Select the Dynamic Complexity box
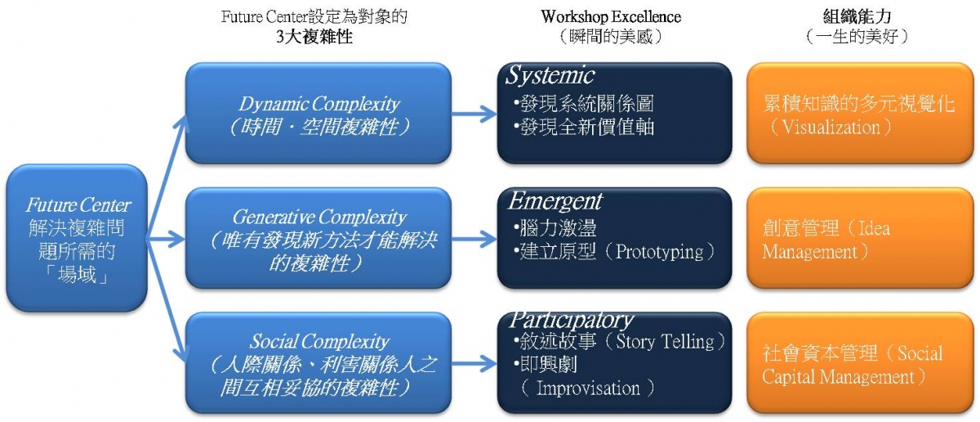point(318,114)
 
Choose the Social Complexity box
point(318,363)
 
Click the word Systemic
point(550,76)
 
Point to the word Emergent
point(555,200)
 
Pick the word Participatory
point(571,320)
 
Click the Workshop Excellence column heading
point(611,16)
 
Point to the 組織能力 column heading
point(857,16)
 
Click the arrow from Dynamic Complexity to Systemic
point(474,112)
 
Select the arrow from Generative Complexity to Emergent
point(474,238)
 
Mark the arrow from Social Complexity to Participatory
point(474,362)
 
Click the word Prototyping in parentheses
point(659,252)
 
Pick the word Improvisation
point(588,388)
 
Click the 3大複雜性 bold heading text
point(314,37)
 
